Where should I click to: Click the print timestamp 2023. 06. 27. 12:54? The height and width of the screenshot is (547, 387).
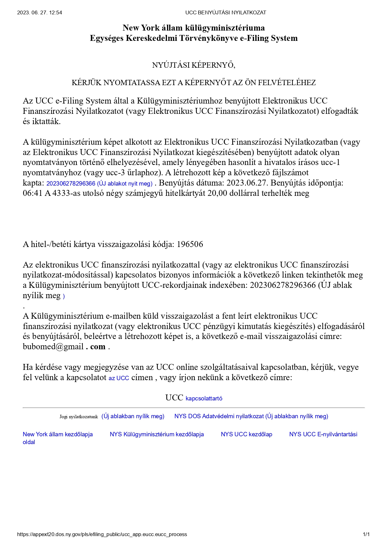coord(40,13)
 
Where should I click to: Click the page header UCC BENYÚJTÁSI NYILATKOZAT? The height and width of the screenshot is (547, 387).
coord(225,13)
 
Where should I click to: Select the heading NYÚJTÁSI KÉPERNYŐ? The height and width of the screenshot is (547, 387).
coord(193,65)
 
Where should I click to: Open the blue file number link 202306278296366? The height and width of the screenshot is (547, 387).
coord(71,184)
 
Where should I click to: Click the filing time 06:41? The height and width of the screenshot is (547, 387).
coord(32,193)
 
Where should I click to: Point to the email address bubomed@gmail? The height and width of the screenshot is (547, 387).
coord(53,347)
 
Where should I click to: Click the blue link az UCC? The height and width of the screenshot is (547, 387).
coord(119,378)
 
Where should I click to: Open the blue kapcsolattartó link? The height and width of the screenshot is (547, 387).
coord(204,399)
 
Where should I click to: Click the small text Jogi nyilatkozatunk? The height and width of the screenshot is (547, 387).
coord(79,417)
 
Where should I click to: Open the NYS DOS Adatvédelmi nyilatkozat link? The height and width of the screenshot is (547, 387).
coord(251,416)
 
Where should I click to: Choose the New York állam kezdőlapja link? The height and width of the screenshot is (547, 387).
coord(58,434)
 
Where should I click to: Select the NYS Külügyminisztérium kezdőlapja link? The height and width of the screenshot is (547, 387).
coord(157,434)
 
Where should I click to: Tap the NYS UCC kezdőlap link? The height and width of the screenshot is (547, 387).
coord(246,434)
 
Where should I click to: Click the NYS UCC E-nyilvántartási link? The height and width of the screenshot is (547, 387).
coord(323,434)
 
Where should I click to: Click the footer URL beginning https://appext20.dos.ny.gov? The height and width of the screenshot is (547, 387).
coord(102,534)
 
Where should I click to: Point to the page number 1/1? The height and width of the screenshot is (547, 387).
coord(366,534)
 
